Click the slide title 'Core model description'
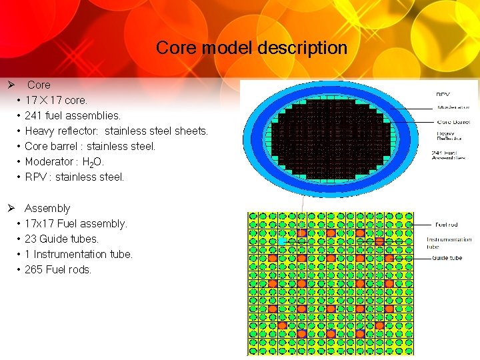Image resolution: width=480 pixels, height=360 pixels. point(251,48)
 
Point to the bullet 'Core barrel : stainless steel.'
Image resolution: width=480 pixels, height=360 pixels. point(90,146)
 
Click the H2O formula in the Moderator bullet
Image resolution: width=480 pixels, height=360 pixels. point(93,162)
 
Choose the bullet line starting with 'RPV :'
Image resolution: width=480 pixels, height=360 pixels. point(74,177)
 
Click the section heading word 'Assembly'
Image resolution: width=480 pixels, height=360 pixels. point(47,208)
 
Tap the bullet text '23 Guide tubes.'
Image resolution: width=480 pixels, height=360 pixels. point(61,239)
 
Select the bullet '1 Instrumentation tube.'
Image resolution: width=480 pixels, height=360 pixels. point(79,254)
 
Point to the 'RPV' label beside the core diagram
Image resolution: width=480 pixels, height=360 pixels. point(442,95)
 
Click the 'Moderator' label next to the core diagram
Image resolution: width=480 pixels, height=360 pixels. point(453,107)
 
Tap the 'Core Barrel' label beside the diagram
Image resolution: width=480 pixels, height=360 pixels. point(453,122)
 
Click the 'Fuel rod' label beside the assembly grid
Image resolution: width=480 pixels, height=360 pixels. point(446,225)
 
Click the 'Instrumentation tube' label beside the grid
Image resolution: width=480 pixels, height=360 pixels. point(449,243)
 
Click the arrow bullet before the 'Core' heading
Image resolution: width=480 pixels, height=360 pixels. point(11,85)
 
